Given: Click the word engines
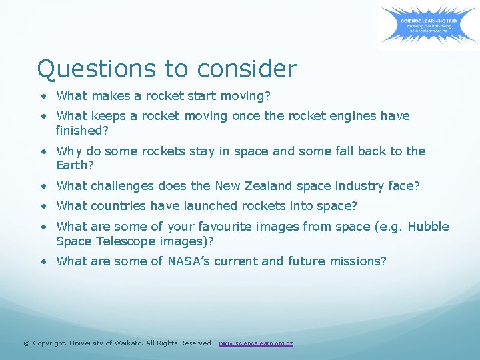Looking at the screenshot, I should [x=351, y=116].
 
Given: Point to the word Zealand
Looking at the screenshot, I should [x=269, y=186].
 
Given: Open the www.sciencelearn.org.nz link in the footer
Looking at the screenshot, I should [x=256, y=343].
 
